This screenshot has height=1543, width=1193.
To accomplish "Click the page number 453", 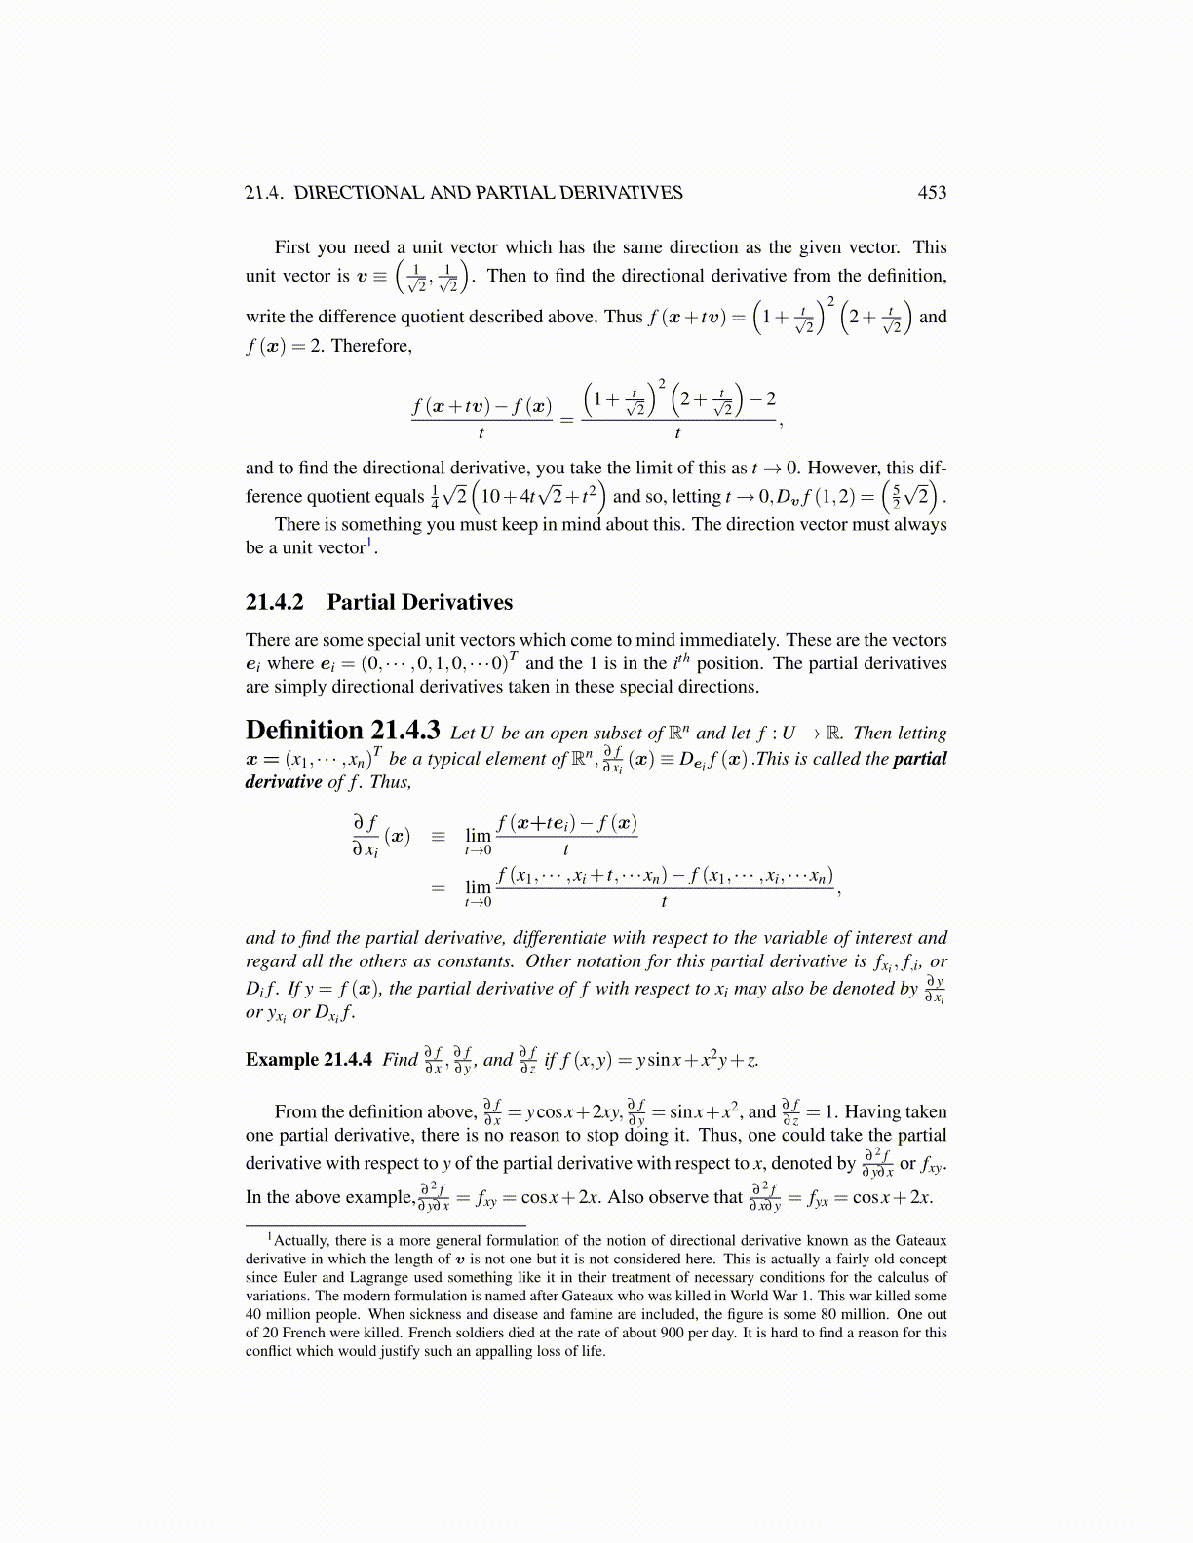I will (932, 193).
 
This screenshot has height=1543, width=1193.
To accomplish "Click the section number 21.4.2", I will (274, 602).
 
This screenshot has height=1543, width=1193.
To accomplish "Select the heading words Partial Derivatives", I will (419, 602).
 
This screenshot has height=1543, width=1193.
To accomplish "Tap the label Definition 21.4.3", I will (342, 731).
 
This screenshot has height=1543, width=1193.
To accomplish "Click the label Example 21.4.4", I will (308, 1060).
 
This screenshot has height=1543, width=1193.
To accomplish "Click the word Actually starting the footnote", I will (303, 1241).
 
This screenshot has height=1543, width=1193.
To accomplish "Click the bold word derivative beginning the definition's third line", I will (284, 782).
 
